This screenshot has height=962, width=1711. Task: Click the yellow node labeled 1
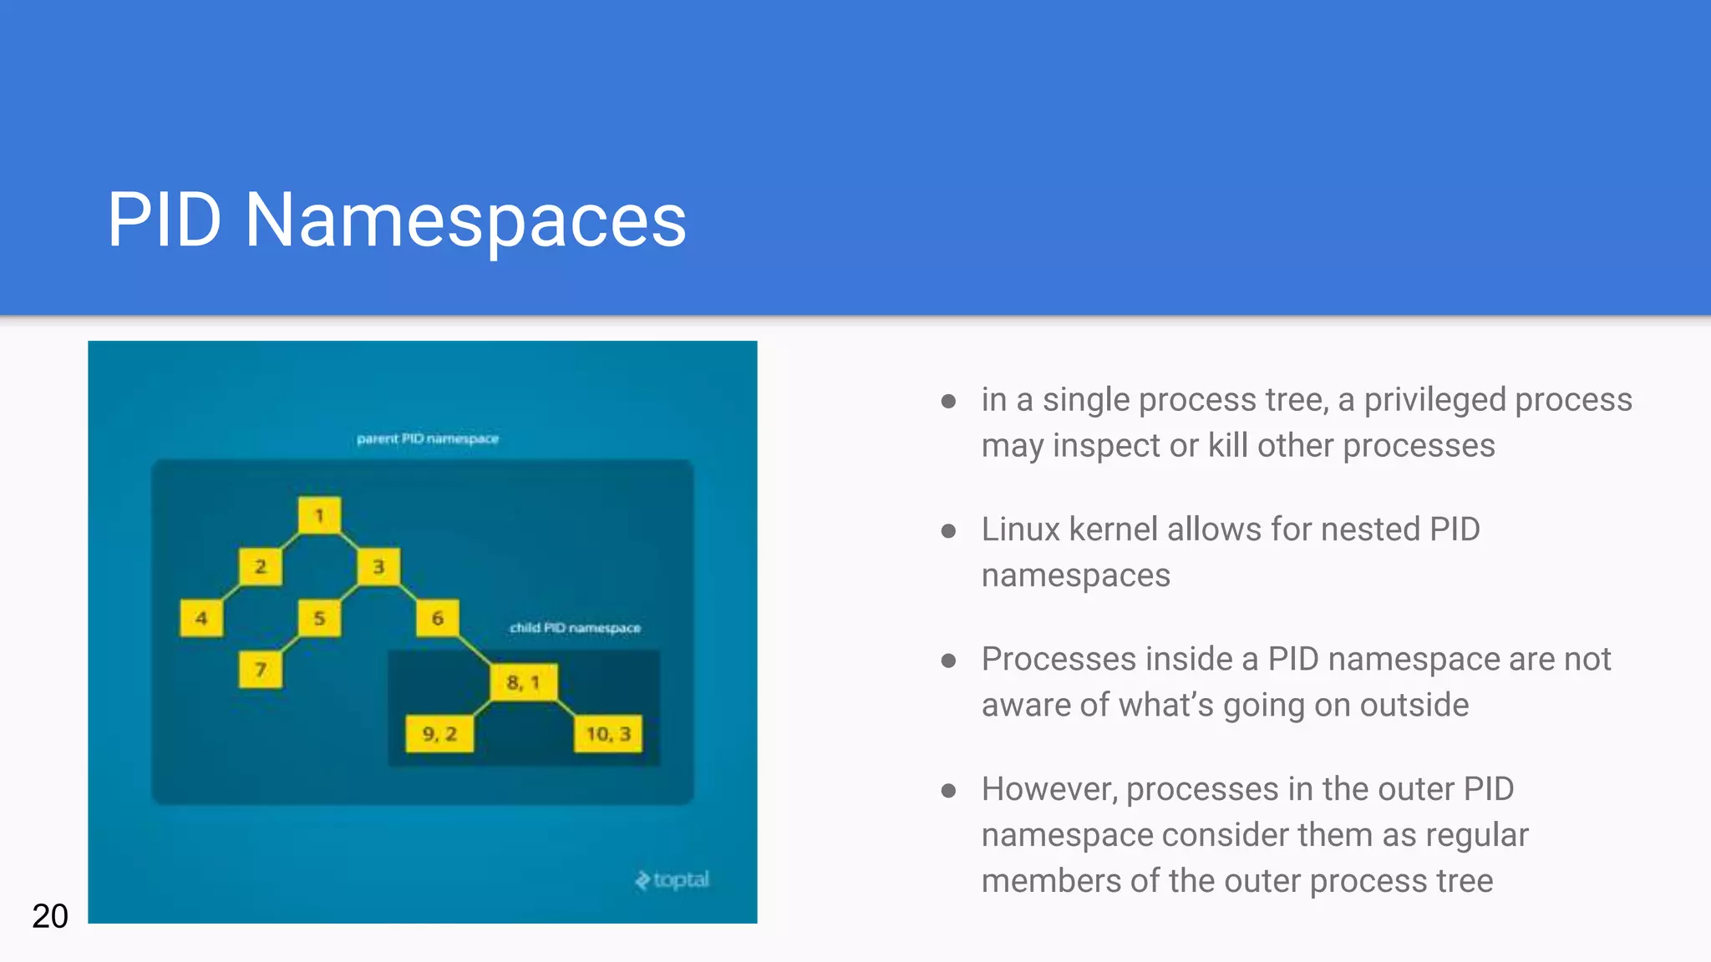pyautogui.click(x=319, y=515)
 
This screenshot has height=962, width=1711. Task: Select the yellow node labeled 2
pyautogui.click(x=260, y=567)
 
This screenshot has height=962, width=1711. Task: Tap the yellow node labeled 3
pyautogui.click(x=378, y=567)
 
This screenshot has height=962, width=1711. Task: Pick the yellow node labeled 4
pyautogui.click(x=201, y=619)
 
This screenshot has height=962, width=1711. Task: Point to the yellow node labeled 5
pyautogui.click(x=319, y=619)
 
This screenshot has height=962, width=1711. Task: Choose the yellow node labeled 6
pyautogui.click(x=438, y=619)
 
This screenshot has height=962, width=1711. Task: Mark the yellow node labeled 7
pyautogui.click(x=260, y=670)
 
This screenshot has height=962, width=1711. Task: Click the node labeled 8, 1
pyautogui.click(x=523, y=683)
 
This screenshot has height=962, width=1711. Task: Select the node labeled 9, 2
pyautogui.click(x=439, y=734)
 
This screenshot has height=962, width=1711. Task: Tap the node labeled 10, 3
pyautogui.click(x=608, y=734)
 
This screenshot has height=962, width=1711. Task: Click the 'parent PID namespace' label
pyautogui.click(x=428, y=438)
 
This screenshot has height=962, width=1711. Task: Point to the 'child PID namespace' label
pyautogui.click(x=575, y=628)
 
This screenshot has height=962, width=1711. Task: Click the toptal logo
pyautogui.click(x=673, y=879)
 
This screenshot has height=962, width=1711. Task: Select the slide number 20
pyautogui.click(x=50, y=916)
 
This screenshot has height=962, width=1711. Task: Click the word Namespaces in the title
pyautogui.click(x=465, y=220)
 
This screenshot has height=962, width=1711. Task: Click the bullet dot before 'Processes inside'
pyautogui.click(x=948, y=661)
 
